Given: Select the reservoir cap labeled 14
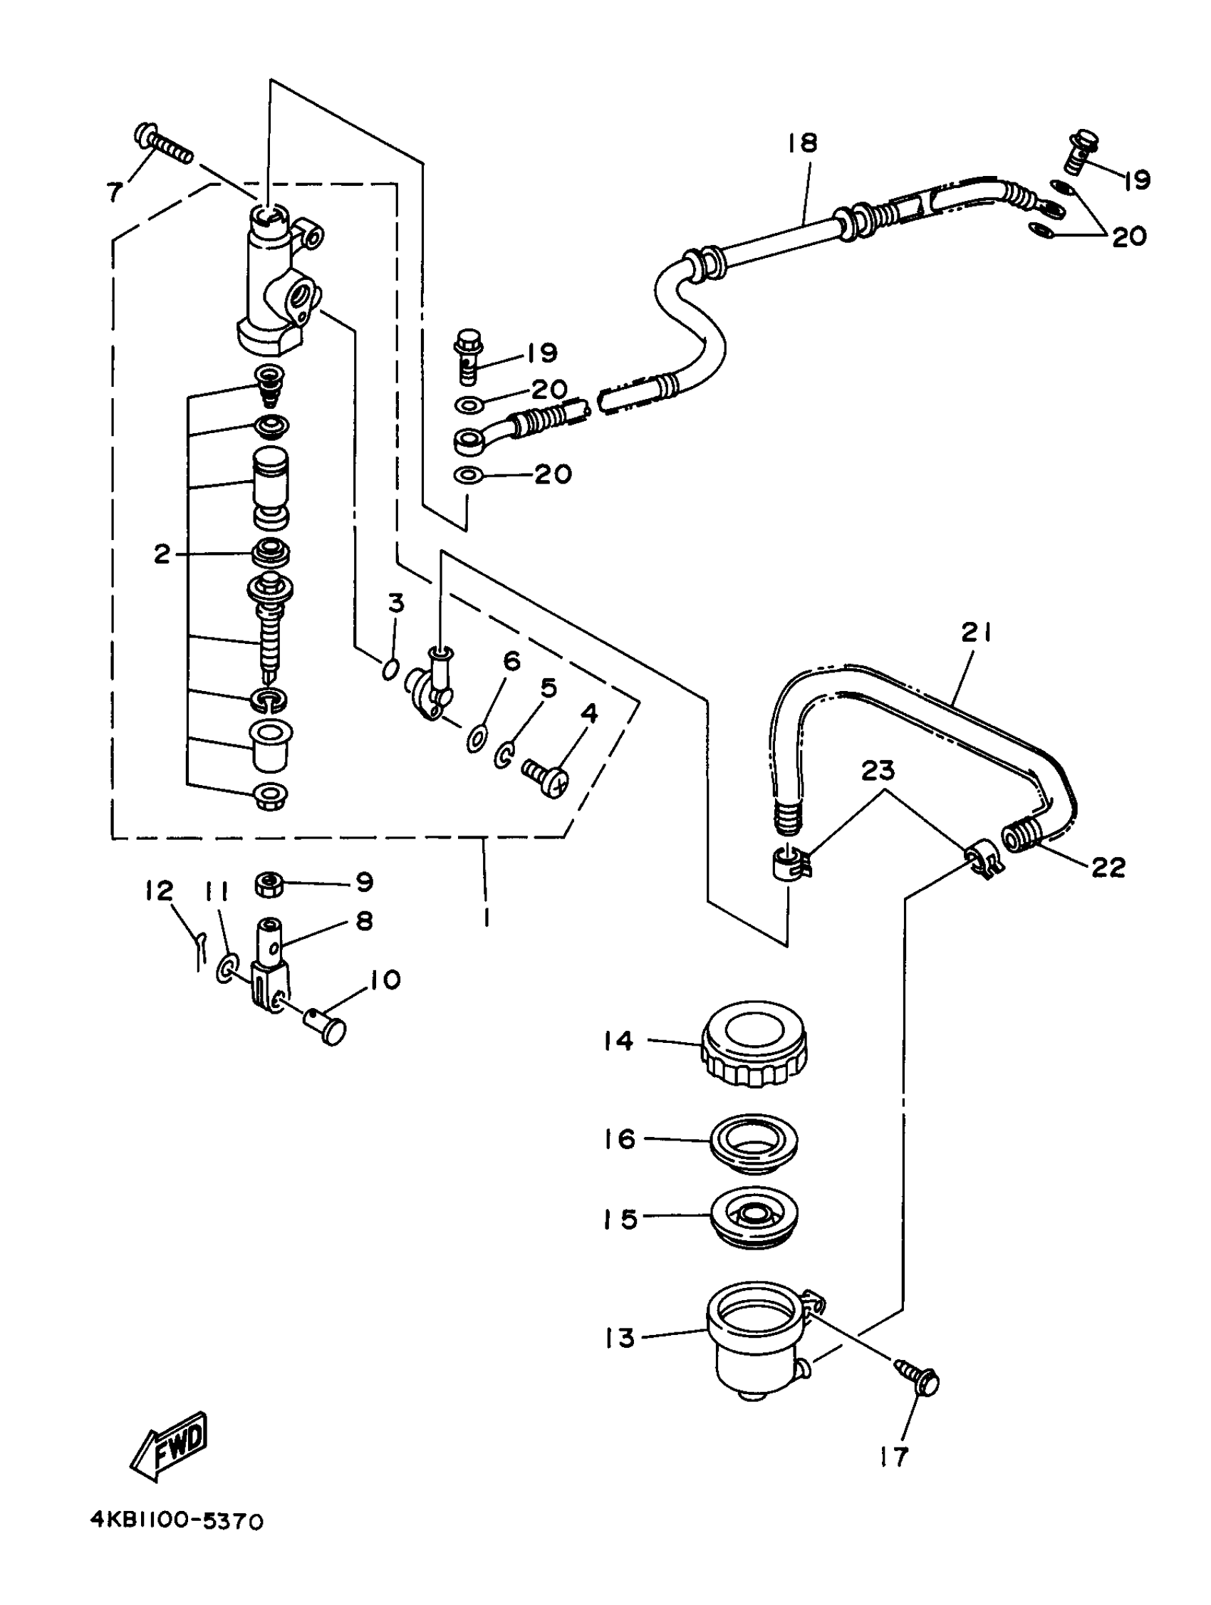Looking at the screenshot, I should point(754,1045).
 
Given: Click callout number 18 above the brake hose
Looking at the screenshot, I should point(803,142).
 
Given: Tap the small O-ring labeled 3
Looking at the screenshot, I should point(390,668).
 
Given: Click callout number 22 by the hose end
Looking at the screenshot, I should point(1108,867).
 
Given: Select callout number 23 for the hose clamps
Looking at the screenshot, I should point(878,771).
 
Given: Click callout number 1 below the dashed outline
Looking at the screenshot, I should point(485,918).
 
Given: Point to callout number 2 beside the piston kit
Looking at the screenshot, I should point(161,555).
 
